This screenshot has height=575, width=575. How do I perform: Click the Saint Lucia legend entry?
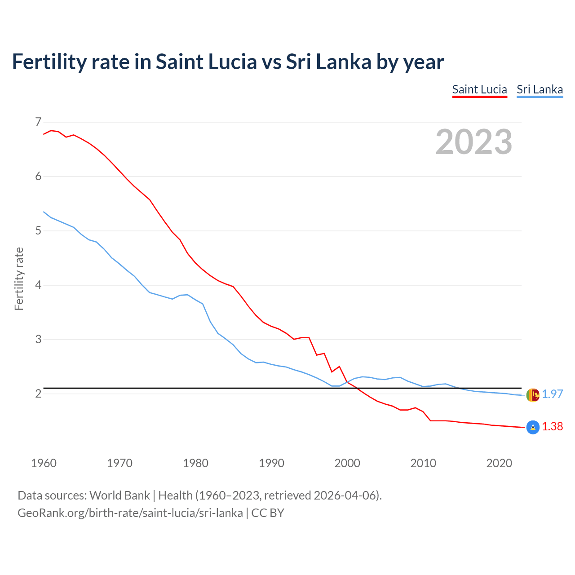coord(479,89)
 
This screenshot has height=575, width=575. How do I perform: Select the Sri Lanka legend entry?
coord(540,89)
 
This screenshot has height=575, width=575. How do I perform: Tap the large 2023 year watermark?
coord(473,142)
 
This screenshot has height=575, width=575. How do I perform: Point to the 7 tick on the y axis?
coord(38,122)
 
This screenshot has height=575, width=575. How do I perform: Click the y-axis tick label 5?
coord(38,231)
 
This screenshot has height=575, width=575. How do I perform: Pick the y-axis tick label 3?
coord(38,340)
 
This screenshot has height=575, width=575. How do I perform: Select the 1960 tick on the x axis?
coord(44,463)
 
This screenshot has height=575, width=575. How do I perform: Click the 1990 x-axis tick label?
coord(271,463)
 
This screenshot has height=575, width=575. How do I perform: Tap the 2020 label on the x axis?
coord(499,463)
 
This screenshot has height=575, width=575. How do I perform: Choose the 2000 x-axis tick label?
coord(347,463)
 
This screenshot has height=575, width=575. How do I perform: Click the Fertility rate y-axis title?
coord(19,279)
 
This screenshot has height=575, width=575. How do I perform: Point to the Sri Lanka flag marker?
coord(532,395)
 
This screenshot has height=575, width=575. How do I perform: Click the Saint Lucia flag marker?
coord(532,427)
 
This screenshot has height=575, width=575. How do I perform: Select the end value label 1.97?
coord(552,394)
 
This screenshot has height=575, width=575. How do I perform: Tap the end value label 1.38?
coord(552,427)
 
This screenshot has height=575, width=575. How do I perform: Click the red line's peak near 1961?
coord(51,130)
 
